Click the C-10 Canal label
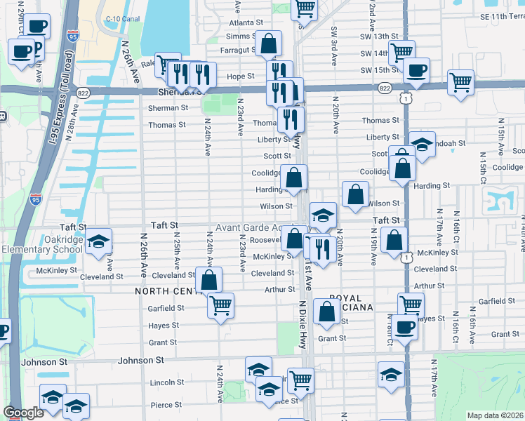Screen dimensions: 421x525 119,18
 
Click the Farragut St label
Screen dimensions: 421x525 235,50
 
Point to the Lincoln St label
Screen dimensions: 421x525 166,382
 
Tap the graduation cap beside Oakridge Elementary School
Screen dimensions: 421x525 99,241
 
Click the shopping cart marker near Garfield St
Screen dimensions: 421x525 221,305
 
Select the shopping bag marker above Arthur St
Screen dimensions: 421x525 209,279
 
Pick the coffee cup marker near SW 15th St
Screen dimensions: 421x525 416,70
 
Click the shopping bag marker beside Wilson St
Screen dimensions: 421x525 357,194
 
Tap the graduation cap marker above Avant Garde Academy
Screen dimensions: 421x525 323,215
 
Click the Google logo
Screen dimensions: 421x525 23,413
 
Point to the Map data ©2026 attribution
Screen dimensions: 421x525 495,415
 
